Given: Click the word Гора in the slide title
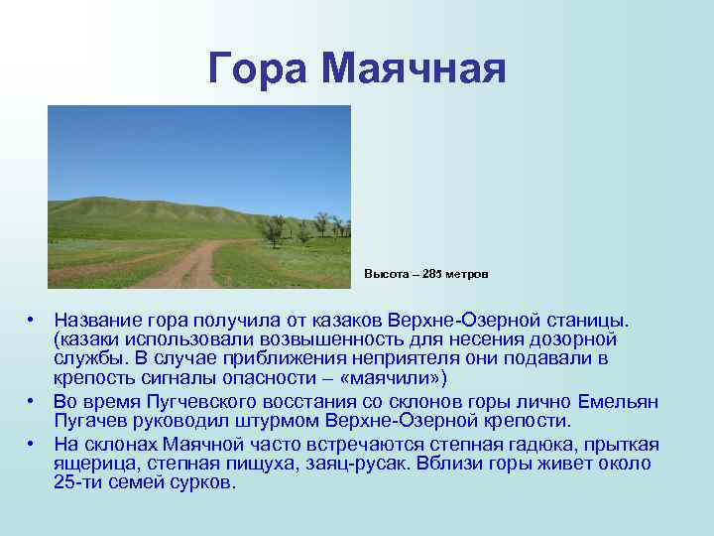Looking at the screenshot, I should click(x=260, y=68).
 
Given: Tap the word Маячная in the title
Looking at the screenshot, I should click(x=415, y=68).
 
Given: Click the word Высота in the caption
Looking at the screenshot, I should click(x=384, y=273).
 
